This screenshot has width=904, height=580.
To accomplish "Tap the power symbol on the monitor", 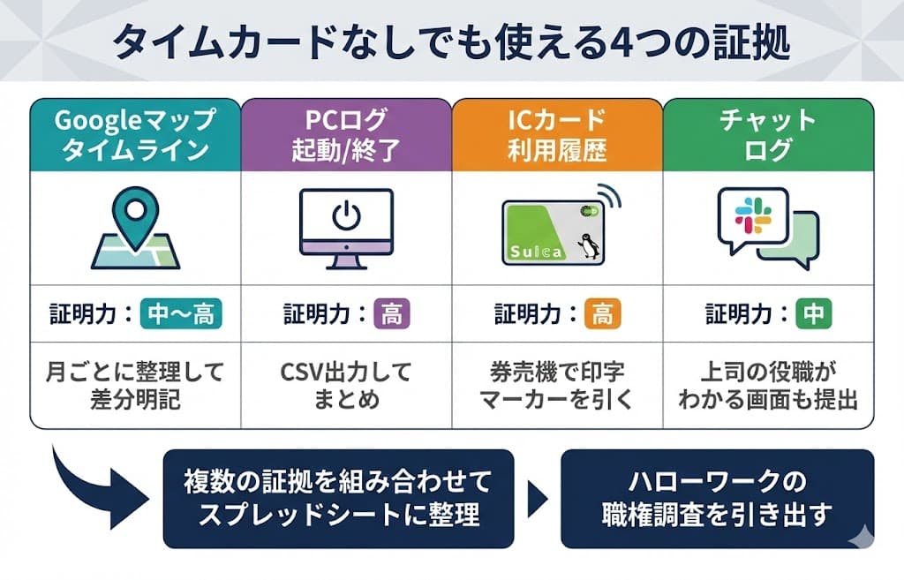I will coord(345,216).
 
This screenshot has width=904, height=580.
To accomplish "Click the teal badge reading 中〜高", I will coord(181,313).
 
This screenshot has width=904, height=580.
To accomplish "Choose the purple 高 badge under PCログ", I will coord(391,313).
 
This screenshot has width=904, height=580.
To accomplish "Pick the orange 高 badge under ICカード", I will coord(602,313).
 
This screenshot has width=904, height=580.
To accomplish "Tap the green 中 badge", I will coord(812,313).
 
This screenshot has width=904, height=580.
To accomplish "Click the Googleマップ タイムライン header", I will coord(135,134).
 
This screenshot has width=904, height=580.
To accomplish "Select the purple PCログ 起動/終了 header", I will coord(345,134).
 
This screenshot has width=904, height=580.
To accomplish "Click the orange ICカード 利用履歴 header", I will coord(556,134).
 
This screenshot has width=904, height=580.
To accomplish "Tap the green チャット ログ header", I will coord(768,134).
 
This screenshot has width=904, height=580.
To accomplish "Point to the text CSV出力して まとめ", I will coord(345,385).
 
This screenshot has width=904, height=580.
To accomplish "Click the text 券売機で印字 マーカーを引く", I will coord(556,385).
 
